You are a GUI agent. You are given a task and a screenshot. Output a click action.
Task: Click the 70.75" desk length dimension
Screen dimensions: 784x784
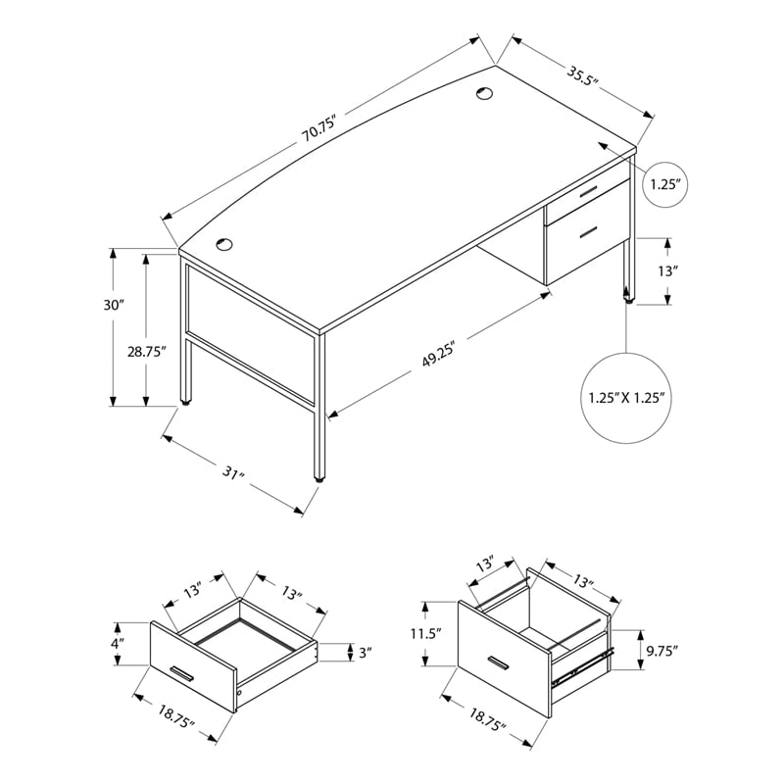[319, 129]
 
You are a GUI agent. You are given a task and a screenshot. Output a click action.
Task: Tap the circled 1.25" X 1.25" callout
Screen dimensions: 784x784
[628, 399]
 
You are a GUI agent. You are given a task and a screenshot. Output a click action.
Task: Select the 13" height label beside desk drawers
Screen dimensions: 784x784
[669, 269]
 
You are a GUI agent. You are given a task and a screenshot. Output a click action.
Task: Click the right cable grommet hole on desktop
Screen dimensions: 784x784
[484, 94]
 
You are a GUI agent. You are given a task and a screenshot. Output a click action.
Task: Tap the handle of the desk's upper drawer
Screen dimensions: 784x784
[587, 193]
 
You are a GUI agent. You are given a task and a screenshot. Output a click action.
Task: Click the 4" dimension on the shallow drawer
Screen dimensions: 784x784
[118, 644]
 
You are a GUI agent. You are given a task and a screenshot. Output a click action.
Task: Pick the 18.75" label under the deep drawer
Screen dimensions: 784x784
[488, 726]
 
